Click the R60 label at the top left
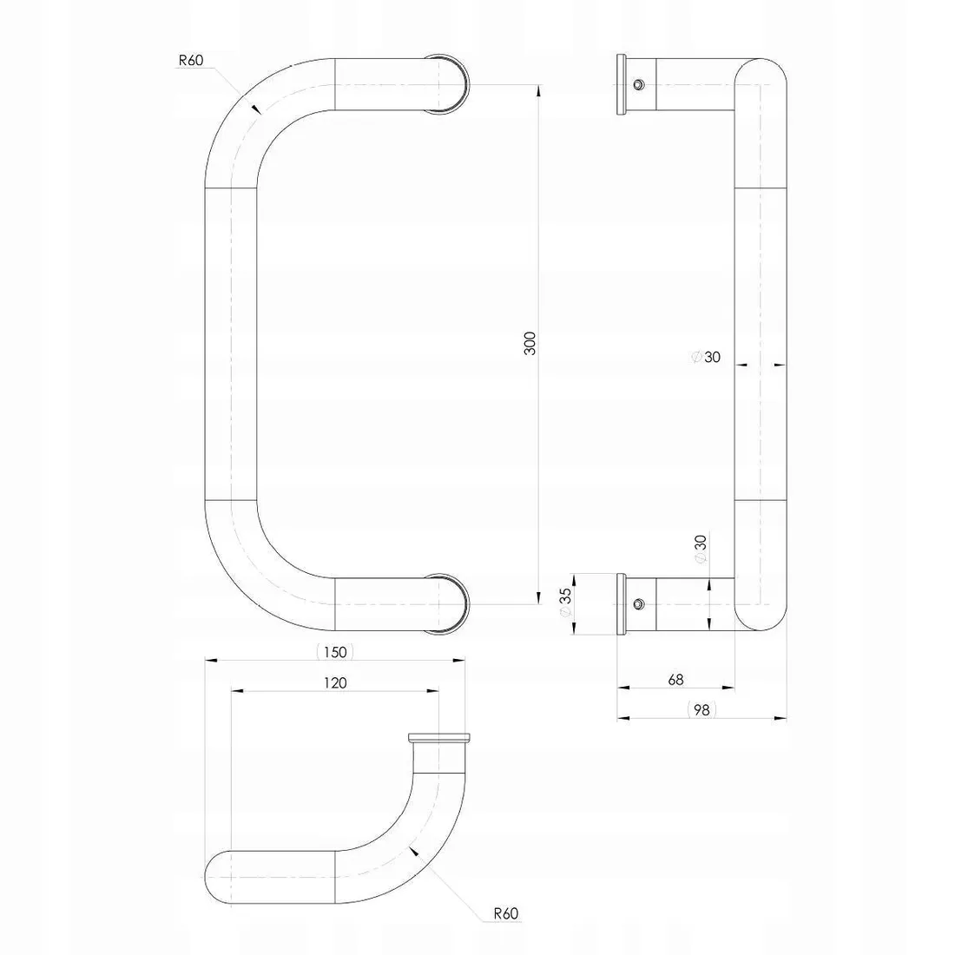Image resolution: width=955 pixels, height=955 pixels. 191,60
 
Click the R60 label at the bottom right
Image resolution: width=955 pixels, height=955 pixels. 505,913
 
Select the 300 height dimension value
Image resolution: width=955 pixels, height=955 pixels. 530,344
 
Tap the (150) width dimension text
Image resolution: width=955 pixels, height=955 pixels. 335,652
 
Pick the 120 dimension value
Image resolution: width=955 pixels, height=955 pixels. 335,683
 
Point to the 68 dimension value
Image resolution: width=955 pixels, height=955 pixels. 675,679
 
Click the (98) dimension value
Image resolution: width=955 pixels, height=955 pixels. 701,709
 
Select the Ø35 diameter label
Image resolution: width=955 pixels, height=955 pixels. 565,603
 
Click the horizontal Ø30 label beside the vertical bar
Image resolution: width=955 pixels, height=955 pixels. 707,357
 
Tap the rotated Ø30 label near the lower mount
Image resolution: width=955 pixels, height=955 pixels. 701,550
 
